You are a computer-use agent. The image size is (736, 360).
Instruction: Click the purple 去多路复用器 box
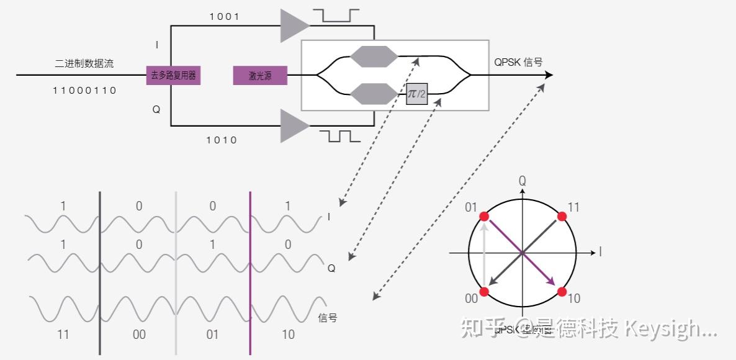click(x=173, y=75)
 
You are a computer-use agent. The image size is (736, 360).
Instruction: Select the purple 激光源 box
click(x=260, y=75)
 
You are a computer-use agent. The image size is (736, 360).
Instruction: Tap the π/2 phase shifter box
click(x=417, y=94)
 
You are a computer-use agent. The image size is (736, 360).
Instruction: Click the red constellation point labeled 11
click(x=562, y=216)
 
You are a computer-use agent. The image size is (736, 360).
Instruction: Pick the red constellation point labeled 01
click(x=484, y=216)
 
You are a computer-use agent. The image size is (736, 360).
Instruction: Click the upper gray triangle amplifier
click(x=293, y=25)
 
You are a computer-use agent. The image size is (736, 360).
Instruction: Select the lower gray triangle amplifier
click(x=293, y=126)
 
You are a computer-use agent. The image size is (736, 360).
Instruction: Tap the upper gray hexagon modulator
click(x=374, y=56)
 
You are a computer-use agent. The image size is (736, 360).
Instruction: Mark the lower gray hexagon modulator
click(x=374, y=94)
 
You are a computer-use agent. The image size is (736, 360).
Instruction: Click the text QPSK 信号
click(x=518, y=62)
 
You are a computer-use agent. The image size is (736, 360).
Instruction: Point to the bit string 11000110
click(x=84, y=91)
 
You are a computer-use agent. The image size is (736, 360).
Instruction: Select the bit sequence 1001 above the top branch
click(x=224, y=17)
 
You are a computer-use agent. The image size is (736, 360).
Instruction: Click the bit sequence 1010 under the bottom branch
click(x=222, y=140)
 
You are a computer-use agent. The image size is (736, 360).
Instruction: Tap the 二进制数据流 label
click(x=84, y=63)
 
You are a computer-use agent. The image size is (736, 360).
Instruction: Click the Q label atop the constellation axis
click(x=523, y=181)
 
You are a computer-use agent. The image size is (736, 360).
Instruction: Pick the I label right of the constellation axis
click(x=600, y=252)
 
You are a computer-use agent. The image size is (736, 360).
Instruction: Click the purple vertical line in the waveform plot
click(x=250, y=273)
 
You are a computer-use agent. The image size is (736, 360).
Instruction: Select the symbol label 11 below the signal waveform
click(x=63, y=335)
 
